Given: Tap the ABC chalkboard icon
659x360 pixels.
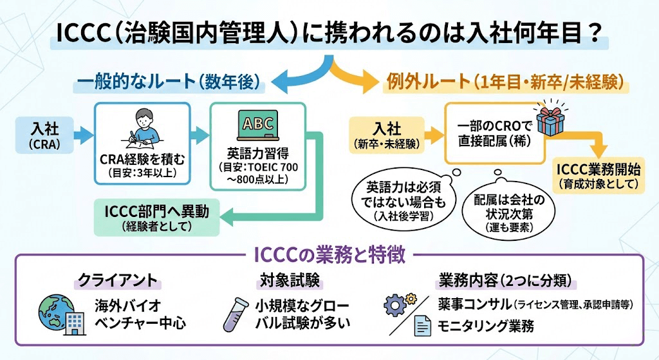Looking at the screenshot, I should tap(259, 124).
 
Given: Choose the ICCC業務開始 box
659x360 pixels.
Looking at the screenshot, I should tap(599, 176).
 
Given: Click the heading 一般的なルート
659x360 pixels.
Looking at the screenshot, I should tap(169, 82).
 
